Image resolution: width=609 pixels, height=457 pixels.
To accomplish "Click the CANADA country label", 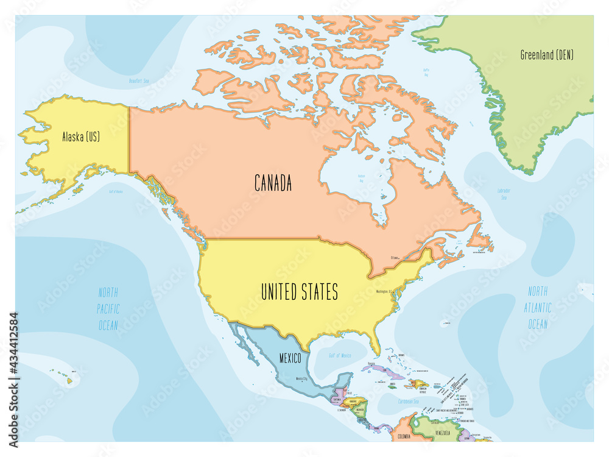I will [272, 182].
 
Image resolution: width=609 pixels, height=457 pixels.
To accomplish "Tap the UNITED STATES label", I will [299, 292].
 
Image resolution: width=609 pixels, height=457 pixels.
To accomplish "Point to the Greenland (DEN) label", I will [547, 55].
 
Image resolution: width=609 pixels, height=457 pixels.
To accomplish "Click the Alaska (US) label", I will [80, 137].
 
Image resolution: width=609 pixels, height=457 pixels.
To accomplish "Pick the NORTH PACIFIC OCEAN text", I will [108, 308].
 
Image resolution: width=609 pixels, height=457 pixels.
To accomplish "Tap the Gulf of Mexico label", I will [340, 355].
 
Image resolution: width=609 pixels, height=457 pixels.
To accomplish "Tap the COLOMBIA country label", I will [404, 437].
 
